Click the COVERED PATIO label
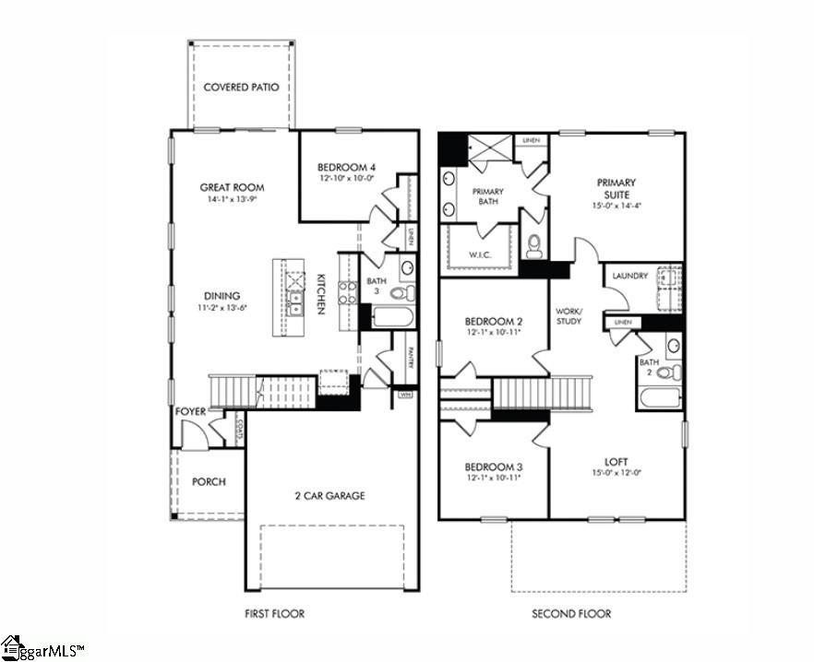point(241,88)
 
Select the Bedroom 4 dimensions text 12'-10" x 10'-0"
point(348,178)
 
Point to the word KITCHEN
point(321,294)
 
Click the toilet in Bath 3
point(401,293)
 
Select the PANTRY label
point(410,356)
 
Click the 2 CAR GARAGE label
point(329,496)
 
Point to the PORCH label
point(209,481)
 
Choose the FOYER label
point(190,411)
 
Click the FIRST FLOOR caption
point(274,613)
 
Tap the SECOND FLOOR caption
point(570,613)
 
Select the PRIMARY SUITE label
point(616,189)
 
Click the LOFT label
point(616,462)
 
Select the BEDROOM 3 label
point(493,467)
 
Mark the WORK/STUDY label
point(569,316)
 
